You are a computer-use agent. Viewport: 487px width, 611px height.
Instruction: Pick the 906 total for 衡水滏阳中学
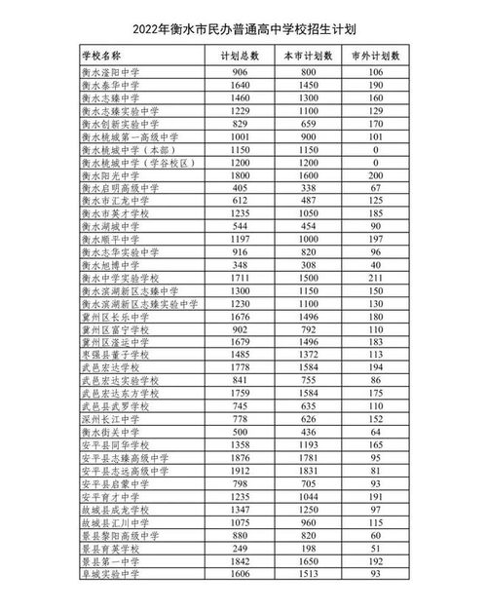click(x=240, y=73)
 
